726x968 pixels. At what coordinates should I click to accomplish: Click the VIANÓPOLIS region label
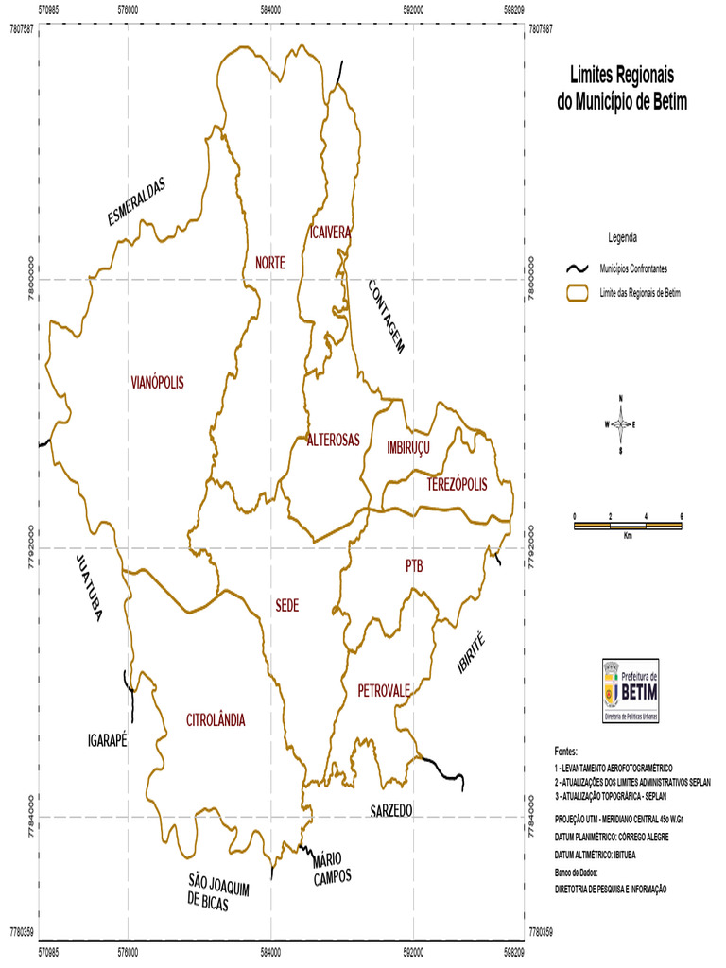[x=157, y=383]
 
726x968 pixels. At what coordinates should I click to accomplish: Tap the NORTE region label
[x=269, y=263]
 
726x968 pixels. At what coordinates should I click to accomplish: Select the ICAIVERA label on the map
[x=330, y=232]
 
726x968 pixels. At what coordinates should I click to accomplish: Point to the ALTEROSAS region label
[x=333, y=440]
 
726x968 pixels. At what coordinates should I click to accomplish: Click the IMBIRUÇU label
[x=408, y=447]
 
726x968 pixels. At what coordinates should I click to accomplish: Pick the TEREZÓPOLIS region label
[x=457, y=485]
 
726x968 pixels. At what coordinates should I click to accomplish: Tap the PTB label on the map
[x=414, y=566]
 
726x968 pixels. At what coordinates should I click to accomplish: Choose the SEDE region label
[x=287, y=605]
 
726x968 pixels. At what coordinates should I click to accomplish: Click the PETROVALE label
[x=384, y=691]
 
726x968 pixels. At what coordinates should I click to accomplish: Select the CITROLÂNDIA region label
[x=216, y=720]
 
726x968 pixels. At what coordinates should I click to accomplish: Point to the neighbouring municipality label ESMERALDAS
[x=136, y=202]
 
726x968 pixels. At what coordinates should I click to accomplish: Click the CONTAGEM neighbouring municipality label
[x=386, y=316]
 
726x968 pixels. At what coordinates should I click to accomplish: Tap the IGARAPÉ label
[x=107, y=739]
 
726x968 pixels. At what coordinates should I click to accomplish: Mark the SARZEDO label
[x=391, y=811]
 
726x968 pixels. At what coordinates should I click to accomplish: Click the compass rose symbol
[x=620, y=424]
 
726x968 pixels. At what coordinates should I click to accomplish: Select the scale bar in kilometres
[x=628, y=525]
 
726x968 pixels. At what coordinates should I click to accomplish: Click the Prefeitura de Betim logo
[x=631, y=692]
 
